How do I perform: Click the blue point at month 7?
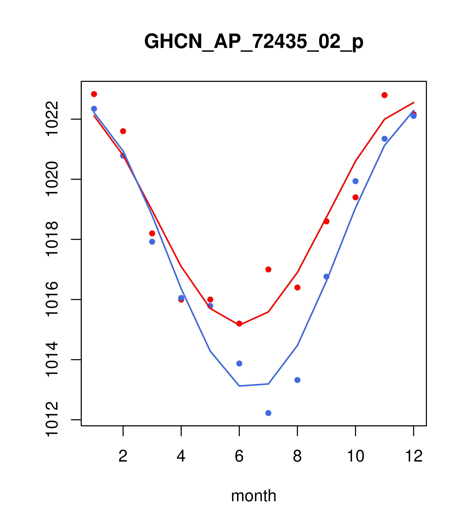click(x=268, y=413)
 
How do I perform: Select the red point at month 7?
click(x=268, y=269)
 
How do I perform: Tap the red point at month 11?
click(x=385, y=95)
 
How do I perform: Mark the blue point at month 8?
click(x=297, y=380)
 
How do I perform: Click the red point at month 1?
click(x=94, y=94)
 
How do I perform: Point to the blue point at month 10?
click(x=355, y=181)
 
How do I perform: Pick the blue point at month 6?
click(x=239, y=364)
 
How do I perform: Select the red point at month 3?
click(x=152, y=233)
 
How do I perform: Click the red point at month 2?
click(x=123, y=131)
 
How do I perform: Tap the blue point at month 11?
click(x=385, y=139)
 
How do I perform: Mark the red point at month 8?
click(x=297, y=287)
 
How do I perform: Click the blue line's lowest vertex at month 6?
click(x=239, y=386)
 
